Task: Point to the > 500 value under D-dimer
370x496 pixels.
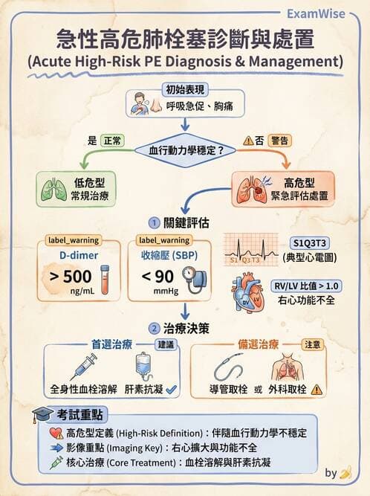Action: [71, 277]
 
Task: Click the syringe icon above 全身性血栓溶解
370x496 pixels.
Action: [82, 366]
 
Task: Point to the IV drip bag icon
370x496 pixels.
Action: [143, 366]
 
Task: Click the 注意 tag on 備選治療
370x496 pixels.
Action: [313, 346]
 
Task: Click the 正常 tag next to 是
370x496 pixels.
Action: [114, 139]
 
